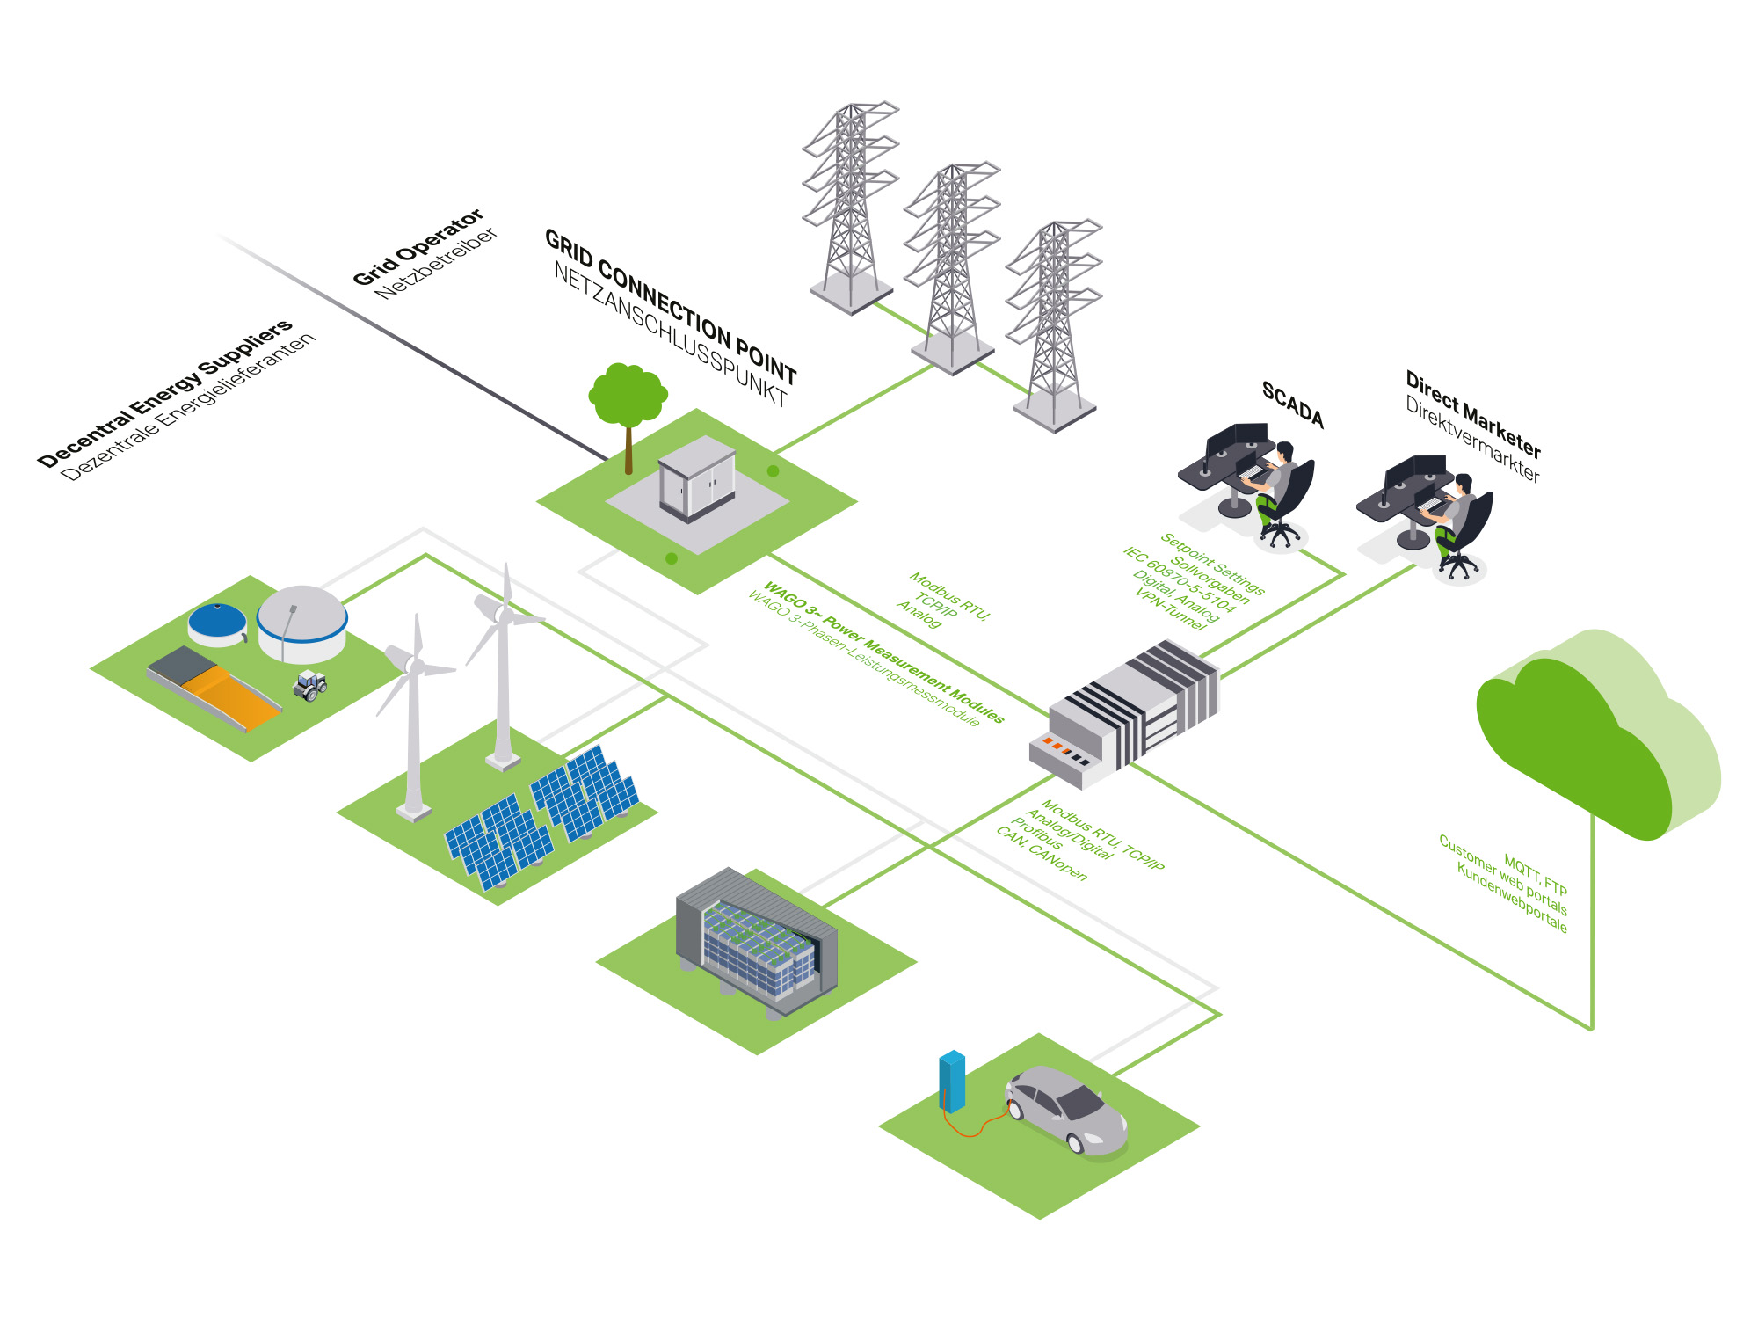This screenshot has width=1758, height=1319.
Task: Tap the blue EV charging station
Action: (x=952, y=1080)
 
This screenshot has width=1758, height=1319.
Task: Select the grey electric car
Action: (x=1065, y=1108)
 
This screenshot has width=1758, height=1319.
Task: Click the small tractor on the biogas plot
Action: (x=310, y=685)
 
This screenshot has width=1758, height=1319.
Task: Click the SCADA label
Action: (x=1292, y=404)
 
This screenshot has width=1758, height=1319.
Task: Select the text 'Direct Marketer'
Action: (x=1473, y=414)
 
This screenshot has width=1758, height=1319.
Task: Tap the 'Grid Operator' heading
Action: (x=418, y=247)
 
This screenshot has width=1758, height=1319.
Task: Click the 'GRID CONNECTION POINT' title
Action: (x=671, y=307)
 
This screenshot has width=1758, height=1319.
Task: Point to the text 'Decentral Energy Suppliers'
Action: (x=165, y=393)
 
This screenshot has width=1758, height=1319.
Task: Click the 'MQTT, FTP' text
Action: (x=1536, y=873)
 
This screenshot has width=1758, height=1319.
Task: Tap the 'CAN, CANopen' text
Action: (x=1042, y=853)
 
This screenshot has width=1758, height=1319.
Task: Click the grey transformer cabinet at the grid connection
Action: (x=697, y=478)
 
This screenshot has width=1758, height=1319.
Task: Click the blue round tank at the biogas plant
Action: (x=217, y=623)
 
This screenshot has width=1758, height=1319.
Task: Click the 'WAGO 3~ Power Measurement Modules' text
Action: (x=883, y=652)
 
